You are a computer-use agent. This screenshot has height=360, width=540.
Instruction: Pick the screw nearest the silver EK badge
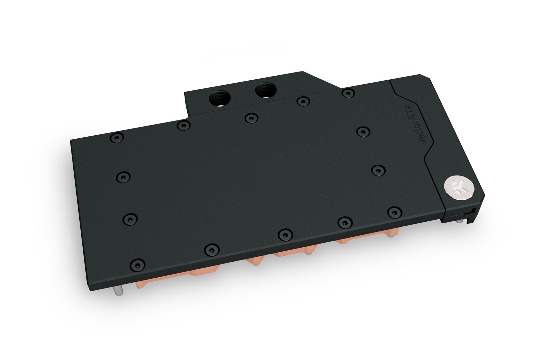[393, 212]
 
